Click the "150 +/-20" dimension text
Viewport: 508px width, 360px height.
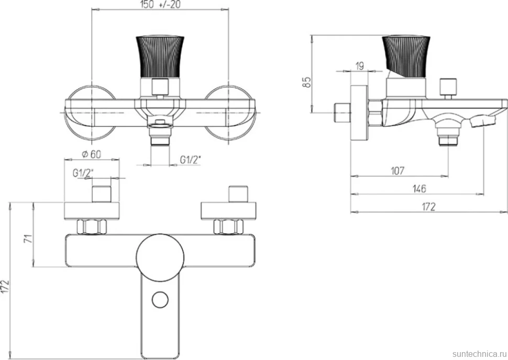pos(160,5)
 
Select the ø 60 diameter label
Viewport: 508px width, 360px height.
pos(91,154)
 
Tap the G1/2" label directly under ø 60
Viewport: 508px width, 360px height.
pos(83,173)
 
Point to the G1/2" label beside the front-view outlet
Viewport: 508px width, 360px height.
pos(191,160)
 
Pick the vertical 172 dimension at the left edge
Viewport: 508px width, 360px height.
pos(5,287)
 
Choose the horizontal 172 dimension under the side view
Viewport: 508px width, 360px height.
pos(428,207)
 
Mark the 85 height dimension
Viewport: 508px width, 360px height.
pos(306,82)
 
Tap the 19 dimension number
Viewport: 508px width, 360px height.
pos(360,66)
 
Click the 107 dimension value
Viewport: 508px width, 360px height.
pos(397,171)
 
